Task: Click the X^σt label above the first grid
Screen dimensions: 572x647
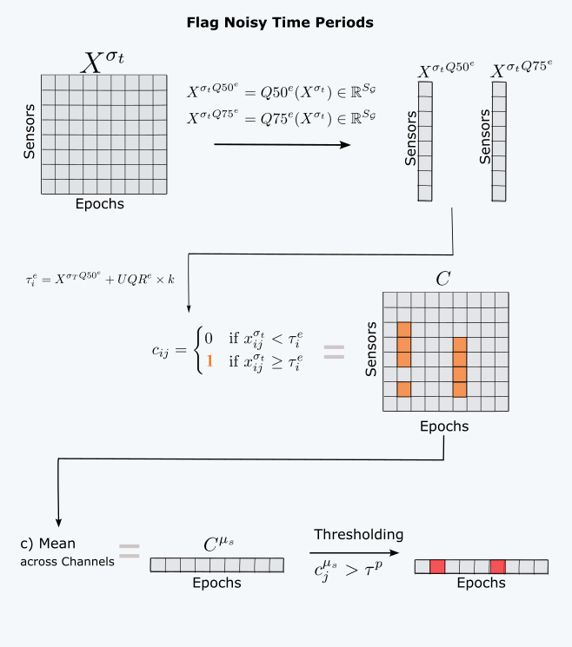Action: (x=104, y=62)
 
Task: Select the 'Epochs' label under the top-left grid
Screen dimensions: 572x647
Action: (x=99, y=205)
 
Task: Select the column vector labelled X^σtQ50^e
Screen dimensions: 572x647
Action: (x=424, y=143)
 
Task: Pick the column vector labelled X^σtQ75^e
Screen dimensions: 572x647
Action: (x=499, y=143)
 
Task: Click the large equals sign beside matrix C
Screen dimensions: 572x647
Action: (x=335, y=352)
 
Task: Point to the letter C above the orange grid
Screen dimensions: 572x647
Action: (x=444, y=280)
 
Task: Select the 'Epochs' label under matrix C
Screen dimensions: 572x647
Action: (x=444, y=426)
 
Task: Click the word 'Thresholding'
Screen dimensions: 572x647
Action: (x=358, y=534)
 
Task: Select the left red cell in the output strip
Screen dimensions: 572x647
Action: (x=437, y=566)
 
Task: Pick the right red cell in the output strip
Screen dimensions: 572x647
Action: (x=497, y=566)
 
